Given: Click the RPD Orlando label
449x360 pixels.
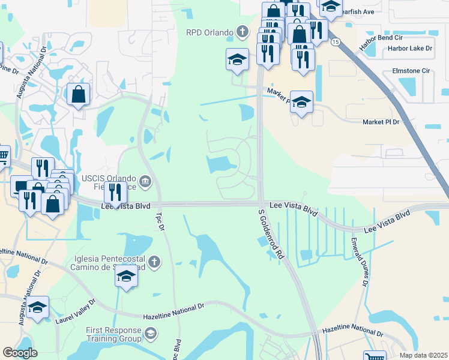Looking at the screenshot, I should [x=209, y=32].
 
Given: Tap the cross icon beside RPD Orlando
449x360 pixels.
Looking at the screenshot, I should [x=242, y=31].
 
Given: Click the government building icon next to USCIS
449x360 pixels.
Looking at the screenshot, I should [x=145, y=181].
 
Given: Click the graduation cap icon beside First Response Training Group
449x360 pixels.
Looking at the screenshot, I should [x=151, y=332].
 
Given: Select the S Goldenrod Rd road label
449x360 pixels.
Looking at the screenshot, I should [x=270, y=233].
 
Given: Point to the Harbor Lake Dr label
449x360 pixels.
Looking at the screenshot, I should [x=410, y=48].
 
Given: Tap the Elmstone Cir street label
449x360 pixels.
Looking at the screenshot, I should [x=412, y=71].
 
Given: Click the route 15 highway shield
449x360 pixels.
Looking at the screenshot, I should [x=336, y=41].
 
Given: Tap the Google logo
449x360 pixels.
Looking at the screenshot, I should [x=20, y=352].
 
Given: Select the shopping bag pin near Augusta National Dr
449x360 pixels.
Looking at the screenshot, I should [x=79, y=94].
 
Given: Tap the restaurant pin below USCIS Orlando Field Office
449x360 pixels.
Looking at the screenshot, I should [x=115, y=192].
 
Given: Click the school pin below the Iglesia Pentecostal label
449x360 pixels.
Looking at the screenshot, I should [x=127, y=277].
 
